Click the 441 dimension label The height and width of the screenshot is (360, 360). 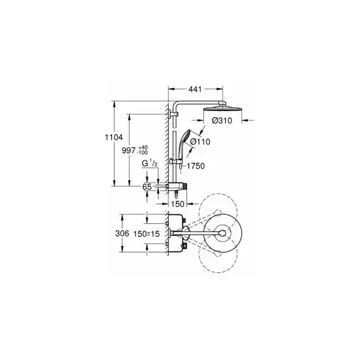click(195, 89)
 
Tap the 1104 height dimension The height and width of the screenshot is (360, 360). click(113, 137)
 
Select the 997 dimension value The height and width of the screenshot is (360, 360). click(129, 151)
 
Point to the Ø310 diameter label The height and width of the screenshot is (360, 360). click(222, 121)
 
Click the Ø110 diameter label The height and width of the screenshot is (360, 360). click(200, 142)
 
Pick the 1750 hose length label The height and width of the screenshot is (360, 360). click(196, 166)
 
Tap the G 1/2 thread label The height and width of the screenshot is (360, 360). click(149, 163)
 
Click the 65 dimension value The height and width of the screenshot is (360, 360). click(147, 187)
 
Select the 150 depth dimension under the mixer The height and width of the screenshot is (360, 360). click(178, 203)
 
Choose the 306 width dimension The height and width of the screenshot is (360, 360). click(122, 233)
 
